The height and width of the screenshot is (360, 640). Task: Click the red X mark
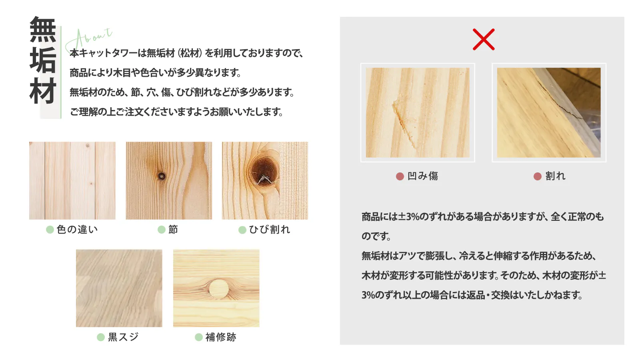coord(484,40)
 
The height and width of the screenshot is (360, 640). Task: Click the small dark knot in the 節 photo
coord(162,176)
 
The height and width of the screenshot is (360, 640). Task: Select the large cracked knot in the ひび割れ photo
coord(264,172)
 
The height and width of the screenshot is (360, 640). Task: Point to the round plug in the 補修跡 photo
coord(218,289)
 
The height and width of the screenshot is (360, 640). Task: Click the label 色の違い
coord(77,230)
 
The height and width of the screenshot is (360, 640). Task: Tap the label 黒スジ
coord(123,337)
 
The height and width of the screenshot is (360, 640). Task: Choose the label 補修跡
coord(221,337)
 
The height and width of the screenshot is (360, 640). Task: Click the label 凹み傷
coord(422,176)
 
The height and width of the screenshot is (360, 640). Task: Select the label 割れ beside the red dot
coord(556,176)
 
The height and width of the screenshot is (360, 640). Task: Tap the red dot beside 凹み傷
coord(400,176)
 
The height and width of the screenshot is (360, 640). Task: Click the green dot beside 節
coord(162,230)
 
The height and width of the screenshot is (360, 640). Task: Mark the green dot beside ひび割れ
coord(242,230)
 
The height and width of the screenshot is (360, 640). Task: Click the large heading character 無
coord(43,29)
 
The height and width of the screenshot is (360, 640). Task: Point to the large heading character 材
coord(43,90)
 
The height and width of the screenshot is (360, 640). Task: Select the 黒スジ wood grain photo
coord(119,288)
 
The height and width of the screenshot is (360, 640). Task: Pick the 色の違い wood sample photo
coord(72,180)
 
